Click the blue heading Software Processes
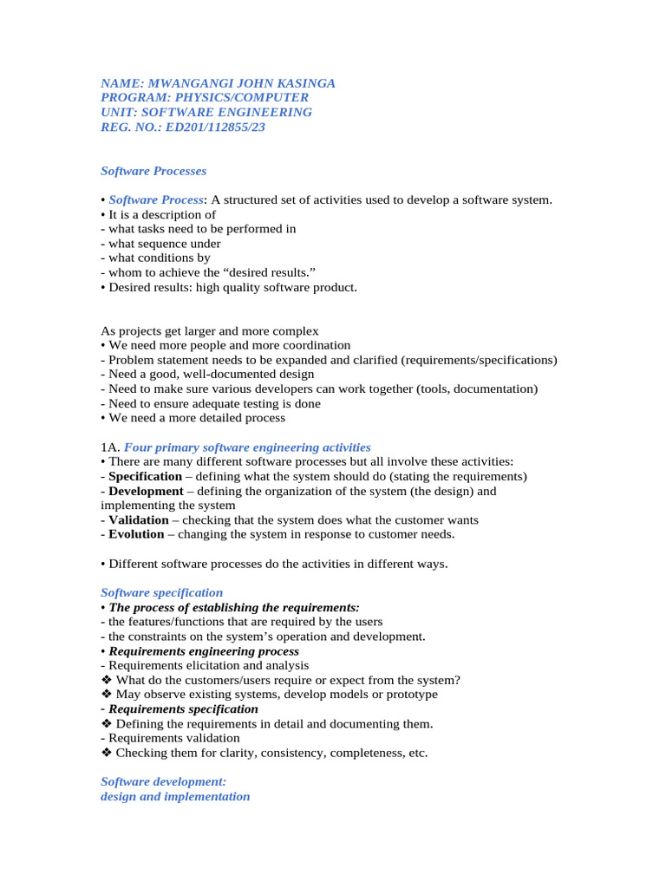153,171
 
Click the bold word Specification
145,476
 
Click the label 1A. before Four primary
110,447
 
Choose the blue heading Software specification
162,592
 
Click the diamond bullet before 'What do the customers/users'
107,680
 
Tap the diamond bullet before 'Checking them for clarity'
107,753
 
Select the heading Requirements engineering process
204,650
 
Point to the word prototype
410,694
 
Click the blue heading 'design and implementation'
175,796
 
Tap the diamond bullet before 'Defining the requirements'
107,723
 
